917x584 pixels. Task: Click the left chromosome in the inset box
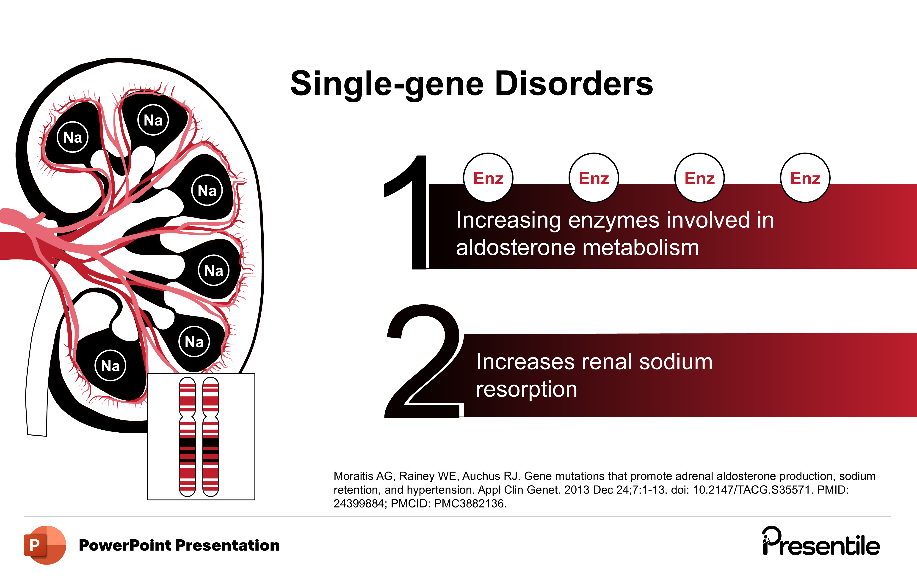click(x=187, y=437)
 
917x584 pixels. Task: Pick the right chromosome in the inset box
click(x=211, y=437)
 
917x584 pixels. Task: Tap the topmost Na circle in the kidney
click(x=153, y=120)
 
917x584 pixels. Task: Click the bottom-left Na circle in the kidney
click(x=110, y=366)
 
